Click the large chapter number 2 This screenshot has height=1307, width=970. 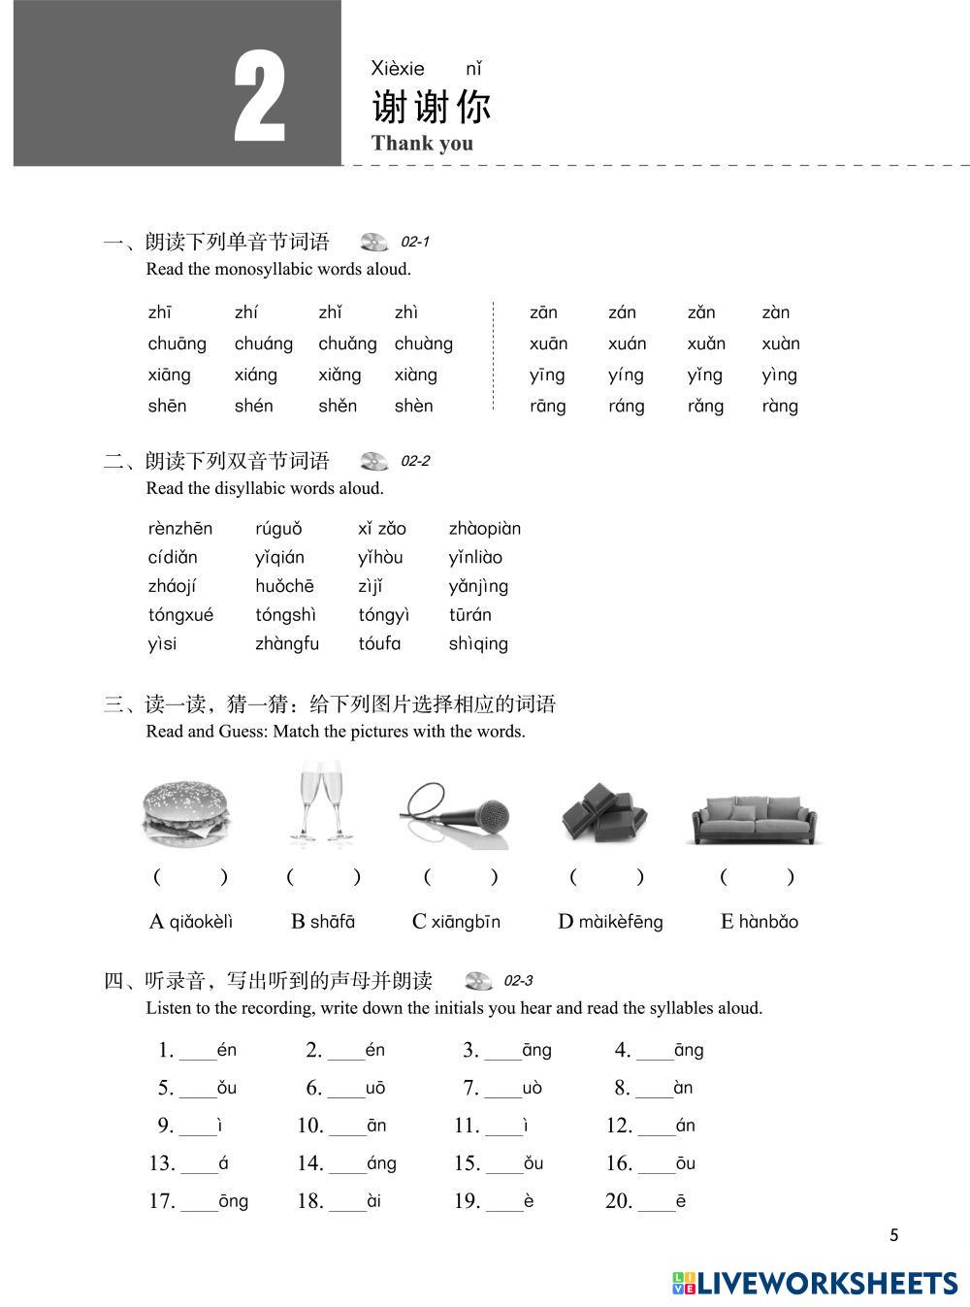pos(260,100)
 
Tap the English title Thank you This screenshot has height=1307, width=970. pos(422,144)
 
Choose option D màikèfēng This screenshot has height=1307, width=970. pos(610,922)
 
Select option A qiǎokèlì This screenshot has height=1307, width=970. pos(191,922)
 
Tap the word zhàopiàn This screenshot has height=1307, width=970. pos(484,529)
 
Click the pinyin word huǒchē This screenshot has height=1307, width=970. pos(284,586)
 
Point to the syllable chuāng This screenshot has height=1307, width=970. pos(177,343)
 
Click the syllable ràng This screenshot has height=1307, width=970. pos(780,406)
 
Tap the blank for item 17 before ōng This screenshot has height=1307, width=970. pos(199,1204)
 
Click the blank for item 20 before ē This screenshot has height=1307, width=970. pos(657,1204)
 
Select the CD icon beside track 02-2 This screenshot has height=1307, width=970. pos(373,461)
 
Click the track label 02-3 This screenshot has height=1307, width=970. pos(518,981)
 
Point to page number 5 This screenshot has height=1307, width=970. pos(893,1235)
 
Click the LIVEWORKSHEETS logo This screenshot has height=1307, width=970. pos(814,1283)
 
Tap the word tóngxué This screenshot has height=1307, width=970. pos(180,615)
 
